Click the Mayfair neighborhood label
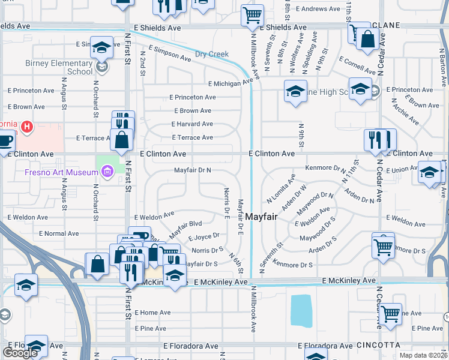tap(261, 217)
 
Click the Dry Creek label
tap(211, 54)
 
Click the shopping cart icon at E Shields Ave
tap(253, 14)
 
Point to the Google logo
tap(20, 352)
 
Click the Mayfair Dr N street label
tap(192, 170)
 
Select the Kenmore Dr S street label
tap(293, 264)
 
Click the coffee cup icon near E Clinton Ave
tap(5, 142)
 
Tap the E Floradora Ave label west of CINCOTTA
tap(325, 346)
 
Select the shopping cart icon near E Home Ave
tap(390, 313)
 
